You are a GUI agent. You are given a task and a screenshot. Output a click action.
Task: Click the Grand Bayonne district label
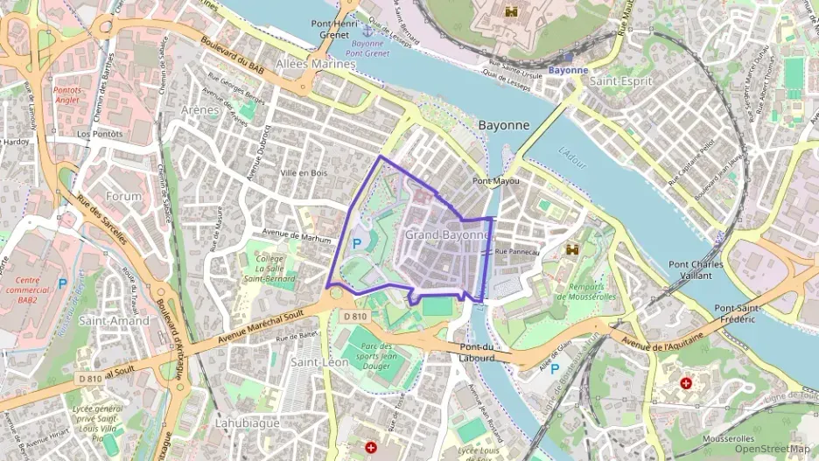point(446,234)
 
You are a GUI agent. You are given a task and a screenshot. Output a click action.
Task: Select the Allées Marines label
point(315,64)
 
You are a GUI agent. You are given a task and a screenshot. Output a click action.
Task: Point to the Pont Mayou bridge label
point(495,181)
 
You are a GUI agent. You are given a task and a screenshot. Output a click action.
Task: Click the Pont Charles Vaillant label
point(696,269)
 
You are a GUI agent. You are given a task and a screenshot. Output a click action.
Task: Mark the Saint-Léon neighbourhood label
point(319,361)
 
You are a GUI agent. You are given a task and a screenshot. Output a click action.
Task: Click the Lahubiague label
point(247,423)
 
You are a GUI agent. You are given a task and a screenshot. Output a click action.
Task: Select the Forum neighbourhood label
point(122,196)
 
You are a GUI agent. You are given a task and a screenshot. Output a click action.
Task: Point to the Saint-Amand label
point(114,320)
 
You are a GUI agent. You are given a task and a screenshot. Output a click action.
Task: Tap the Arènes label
point(199,109)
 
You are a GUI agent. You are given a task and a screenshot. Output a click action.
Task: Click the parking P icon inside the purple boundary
point(357,244)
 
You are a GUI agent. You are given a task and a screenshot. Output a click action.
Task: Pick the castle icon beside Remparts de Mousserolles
point(574,250)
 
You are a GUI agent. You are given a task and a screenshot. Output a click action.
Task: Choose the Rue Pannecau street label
point(517,252)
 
